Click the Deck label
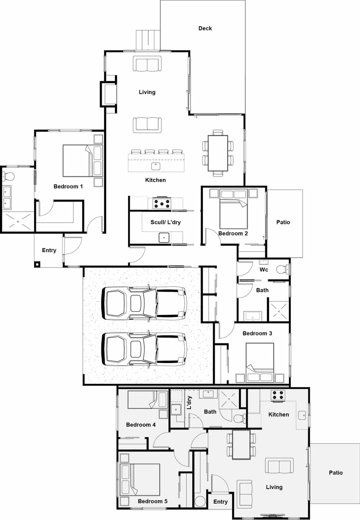205,28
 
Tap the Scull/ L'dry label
165,222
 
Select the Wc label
264,269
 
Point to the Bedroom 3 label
257,333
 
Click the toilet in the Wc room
282,269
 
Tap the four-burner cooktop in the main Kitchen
162,203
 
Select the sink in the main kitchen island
156,166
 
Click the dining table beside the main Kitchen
218,153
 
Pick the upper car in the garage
144,303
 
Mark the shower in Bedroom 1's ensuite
18,221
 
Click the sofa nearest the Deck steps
147,64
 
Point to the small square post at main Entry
37,264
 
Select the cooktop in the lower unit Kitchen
278,395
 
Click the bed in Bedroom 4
147,399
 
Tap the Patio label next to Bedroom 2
283,222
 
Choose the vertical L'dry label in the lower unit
190,402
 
